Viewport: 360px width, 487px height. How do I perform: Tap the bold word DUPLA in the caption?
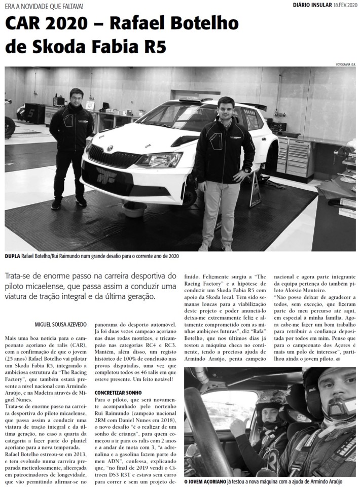point(12,257)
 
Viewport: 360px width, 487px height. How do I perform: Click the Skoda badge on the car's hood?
point(110,148)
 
